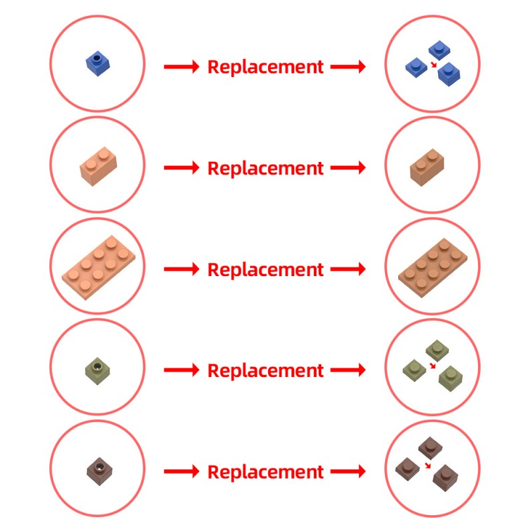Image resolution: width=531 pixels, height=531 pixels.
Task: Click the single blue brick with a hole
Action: click(x=97, y=64)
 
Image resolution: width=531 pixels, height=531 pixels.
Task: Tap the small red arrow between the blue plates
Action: click(x=433, y=65)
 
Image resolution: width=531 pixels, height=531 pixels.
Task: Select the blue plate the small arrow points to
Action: click(x=449, y=71)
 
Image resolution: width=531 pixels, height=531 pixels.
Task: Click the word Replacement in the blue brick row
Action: click(x=265, y=67)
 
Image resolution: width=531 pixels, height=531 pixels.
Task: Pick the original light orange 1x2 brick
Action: click(x=97, y=165)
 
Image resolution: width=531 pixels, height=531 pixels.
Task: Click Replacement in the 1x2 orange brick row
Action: click(x=265, y=168)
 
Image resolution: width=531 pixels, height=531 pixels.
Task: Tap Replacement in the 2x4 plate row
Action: click(x=265, y=269)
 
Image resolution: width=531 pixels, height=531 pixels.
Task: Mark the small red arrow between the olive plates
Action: click(x=433, y=366)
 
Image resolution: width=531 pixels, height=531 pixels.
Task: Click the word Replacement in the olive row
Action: click(x=265, y=370)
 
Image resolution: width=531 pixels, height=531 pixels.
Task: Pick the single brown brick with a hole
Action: click(x=97, y=470)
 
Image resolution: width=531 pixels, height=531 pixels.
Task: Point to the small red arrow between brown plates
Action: click(x=429, y=465)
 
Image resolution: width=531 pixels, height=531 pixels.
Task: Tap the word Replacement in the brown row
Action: click(x=265, y=472)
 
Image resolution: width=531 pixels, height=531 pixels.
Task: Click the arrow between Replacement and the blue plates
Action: click(x=348, y=67)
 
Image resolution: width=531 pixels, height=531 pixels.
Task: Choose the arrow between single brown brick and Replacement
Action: click(x=181, y=472)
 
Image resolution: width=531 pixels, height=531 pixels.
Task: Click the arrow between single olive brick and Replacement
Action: click(x=181, y=370)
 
